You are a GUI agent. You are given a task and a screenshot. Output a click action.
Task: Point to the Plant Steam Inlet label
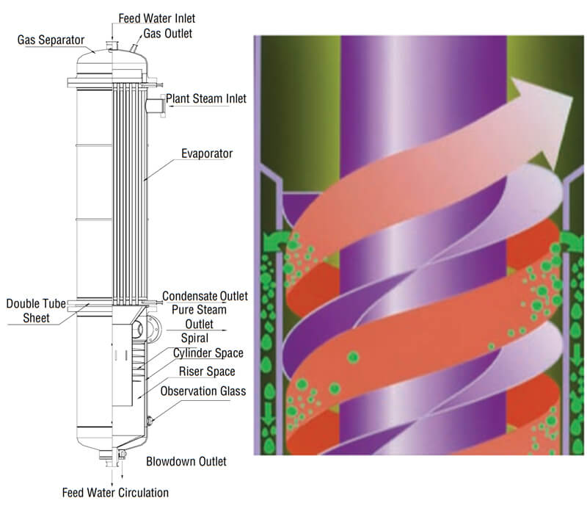[x=205, y=98]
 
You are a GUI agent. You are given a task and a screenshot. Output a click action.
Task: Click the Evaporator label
[x=208, y=154]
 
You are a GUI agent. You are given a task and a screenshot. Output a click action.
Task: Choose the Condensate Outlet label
[x=205, y=296]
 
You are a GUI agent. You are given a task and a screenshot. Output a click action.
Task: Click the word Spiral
[x=194, y=339]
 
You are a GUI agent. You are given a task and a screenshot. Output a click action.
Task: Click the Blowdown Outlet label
[x=186, y=461]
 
